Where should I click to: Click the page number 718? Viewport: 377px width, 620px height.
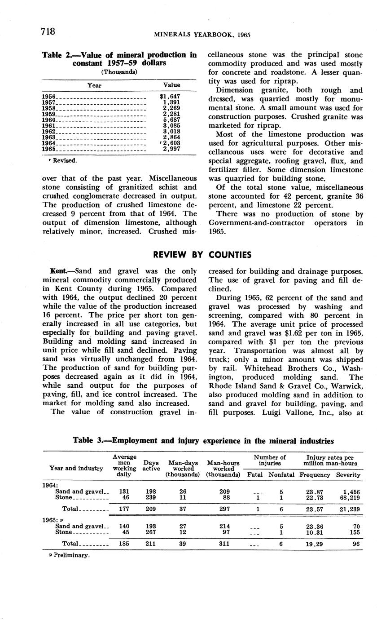pos(48,31)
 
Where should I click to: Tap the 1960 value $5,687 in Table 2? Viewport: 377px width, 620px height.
pos(172,120)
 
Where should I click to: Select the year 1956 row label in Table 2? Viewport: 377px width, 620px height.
pos(48,97)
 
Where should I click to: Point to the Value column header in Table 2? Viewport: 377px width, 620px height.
pos(171,85)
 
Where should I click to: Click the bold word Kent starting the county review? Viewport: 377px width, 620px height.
pos(59,271)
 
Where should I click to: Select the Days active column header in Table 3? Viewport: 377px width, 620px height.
pos(151,465)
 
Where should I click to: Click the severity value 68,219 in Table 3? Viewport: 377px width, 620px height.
pos(347,498)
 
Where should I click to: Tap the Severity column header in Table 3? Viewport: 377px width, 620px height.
pos(348,474)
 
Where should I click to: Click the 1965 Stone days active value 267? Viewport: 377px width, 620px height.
pos(151,532)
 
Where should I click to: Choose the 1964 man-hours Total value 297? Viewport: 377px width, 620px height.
pos(223,509)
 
